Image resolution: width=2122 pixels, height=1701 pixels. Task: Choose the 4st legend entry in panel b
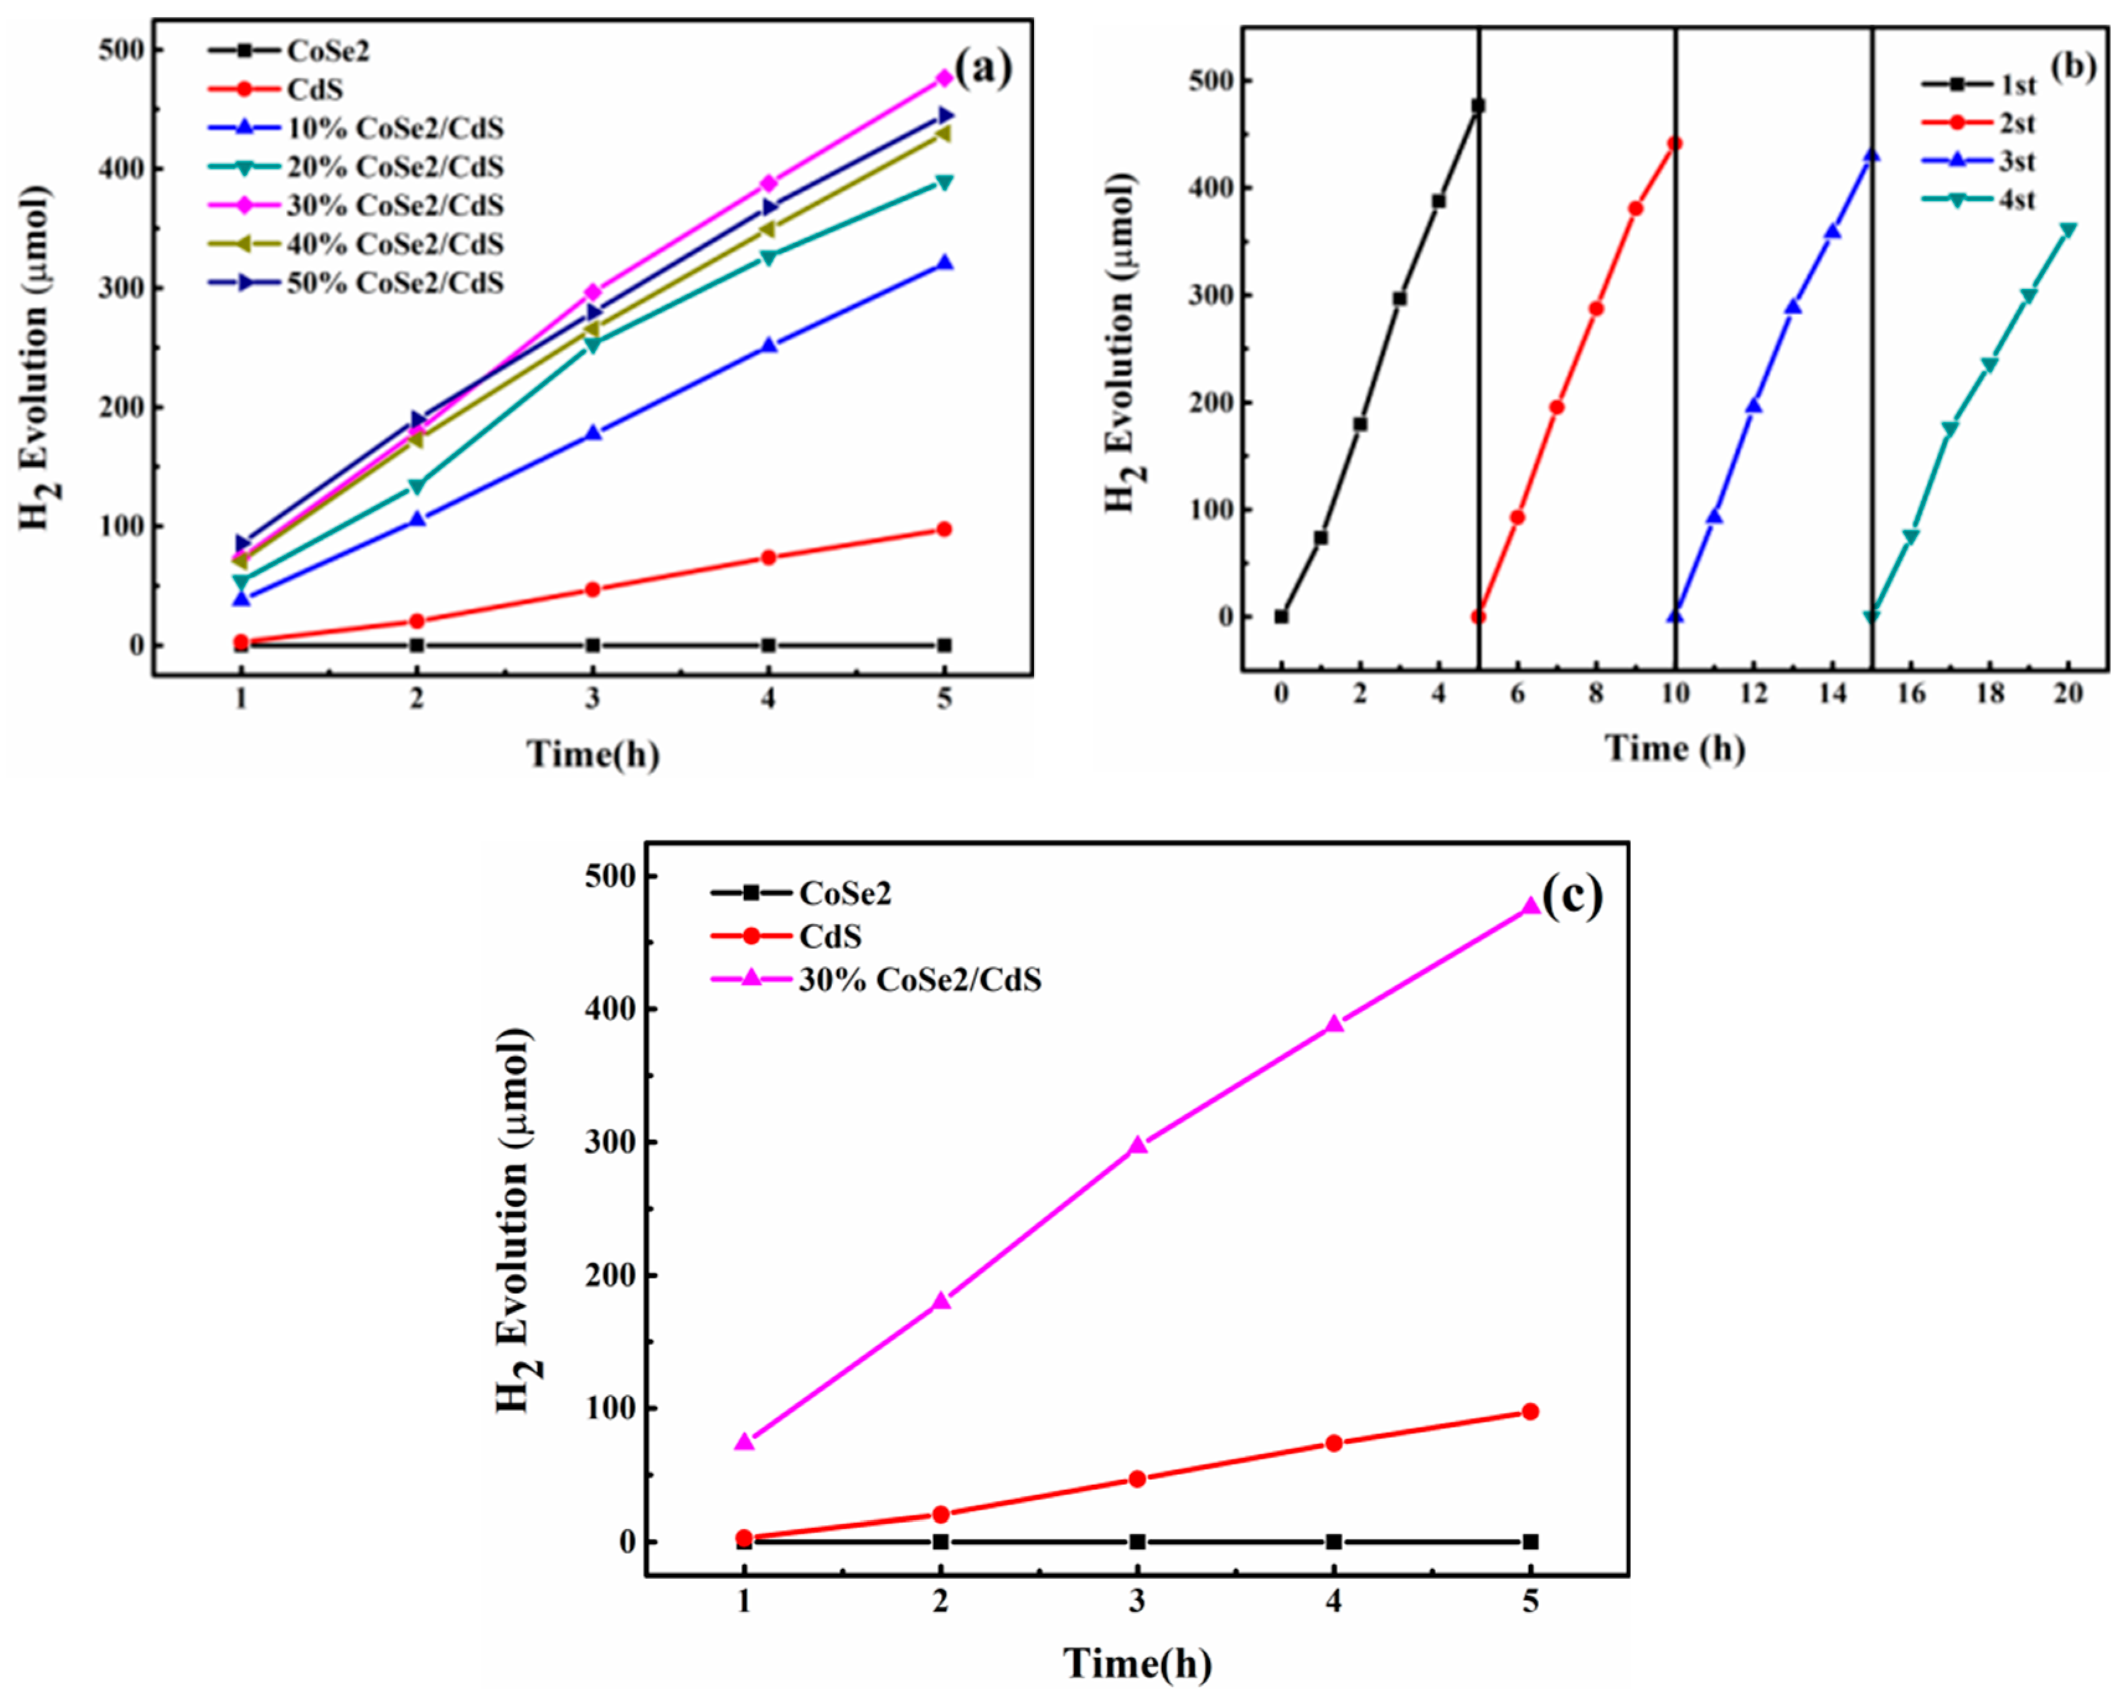2017,200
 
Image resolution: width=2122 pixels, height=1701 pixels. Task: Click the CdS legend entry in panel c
830,936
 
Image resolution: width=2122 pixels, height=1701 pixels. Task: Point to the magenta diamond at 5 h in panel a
944,78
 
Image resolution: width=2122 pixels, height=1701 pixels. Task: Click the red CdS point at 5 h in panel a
944,530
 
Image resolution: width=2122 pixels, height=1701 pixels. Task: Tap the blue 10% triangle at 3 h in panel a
592,433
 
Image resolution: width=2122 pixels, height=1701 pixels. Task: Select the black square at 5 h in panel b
1477,105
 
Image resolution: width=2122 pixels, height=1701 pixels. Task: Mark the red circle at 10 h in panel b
1675,144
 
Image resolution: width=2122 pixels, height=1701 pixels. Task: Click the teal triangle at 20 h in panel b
2068,230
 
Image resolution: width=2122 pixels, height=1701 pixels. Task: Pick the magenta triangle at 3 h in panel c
1138,1145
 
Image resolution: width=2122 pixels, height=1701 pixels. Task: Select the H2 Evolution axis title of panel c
515,1221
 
